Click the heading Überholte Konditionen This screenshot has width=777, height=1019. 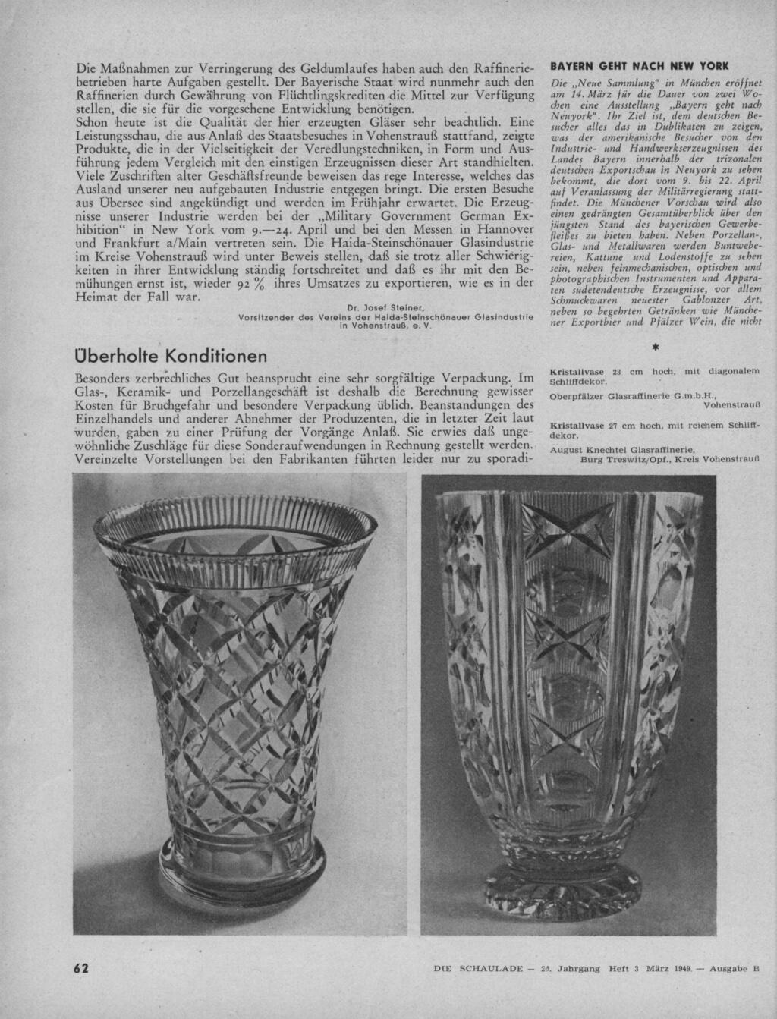click(171, 355)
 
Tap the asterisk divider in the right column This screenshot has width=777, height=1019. click(655, 347)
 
